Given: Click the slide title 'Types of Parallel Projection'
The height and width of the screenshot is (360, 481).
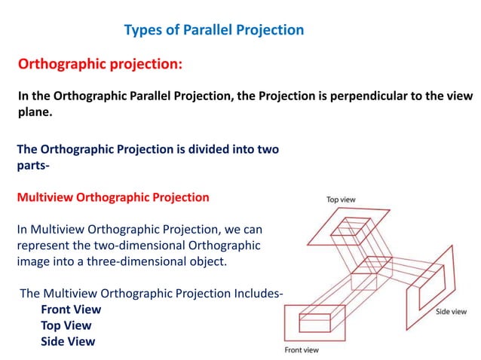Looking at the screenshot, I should (213, 30).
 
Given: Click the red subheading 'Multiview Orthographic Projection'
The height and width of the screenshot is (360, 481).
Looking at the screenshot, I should (113, 198).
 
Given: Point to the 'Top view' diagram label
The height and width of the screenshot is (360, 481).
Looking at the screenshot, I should (342, 200).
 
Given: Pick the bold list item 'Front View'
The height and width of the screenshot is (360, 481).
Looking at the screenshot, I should (71, 310).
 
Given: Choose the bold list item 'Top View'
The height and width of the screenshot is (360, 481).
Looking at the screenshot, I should (66, 325).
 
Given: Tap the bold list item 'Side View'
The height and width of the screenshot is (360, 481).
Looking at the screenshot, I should (68, 341).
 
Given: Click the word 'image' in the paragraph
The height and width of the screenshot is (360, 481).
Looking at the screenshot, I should (34, 263).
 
